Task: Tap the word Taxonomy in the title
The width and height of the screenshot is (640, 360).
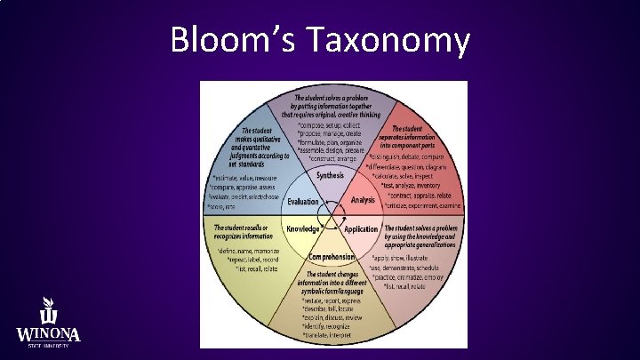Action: tap(388, 40)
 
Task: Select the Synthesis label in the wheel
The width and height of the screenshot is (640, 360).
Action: tap(331, 175)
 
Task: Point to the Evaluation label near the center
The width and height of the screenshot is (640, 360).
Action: tap(302, 202)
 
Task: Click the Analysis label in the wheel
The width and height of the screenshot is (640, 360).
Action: tap(363, 200)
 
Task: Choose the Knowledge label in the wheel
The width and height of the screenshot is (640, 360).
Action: tap(303, 228)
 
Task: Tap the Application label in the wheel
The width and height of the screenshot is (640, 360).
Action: tap(361, 229)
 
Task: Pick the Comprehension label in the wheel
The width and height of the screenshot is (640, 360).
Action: tap(332, 256)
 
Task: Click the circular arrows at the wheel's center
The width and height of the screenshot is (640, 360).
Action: tap(332, 215)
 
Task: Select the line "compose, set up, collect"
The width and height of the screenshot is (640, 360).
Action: tap(332, 124)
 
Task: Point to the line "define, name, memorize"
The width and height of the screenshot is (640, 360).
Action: tap(250, 252)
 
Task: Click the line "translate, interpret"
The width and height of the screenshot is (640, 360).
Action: tap(327, 336)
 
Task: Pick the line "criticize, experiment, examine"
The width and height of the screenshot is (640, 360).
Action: tap(423, 204)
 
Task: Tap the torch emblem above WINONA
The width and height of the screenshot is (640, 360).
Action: tap(50, 310)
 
